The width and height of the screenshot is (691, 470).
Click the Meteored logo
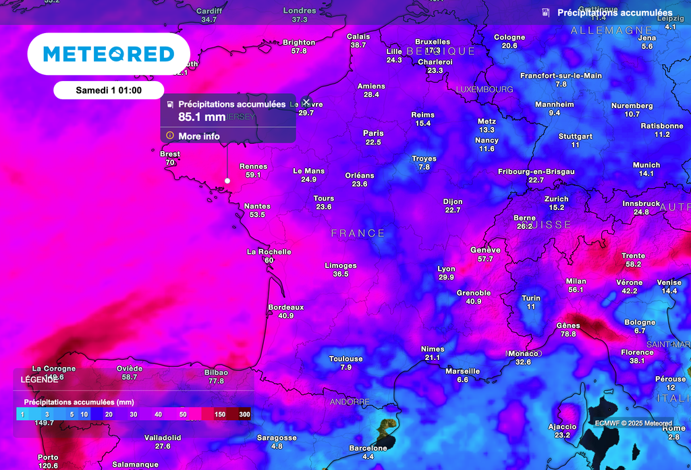(x=109, y=54)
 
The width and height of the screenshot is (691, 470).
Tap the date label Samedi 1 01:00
(x=109, y=90)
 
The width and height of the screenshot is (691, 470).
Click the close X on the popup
(x=306, y=102)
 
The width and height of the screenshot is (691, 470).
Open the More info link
(x=199, y=136)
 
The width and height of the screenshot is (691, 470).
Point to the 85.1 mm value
(x=202, y=117)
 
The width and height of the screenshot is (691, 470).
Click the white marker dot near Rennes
(x=227, y=181)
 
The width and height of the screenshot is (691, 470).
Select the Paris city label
(x=373, y=134)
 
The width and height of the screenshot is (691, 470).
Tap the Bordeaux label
(x=286, y=307)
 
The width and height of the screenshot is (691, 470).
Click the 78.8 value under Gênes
(x=568, y=334)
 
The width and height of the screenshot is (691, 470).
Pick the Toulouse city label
(x=346, y=359)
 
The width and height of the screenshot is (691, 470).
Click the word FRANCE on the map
(x=358, y=234)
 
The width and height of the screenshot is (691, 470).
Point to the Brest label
(x=170, y=154)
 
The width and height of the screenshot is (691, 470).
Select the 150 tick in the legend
(x=220, y=414)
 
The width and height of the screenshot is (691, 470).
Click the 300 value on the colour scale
(x=244, y=414)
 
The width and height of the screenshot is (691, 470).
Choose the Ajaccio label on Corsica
(x=562, y=427)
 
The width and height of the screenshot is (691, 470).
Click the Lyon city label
(x=446, y=269)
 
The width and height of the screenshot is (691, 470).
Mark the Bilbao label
(x=216, y=373)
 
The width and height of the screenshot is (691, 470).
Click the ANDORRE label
(x=350, y=402)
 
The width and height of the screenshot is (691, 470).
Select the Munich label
(x=646, y=165)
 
